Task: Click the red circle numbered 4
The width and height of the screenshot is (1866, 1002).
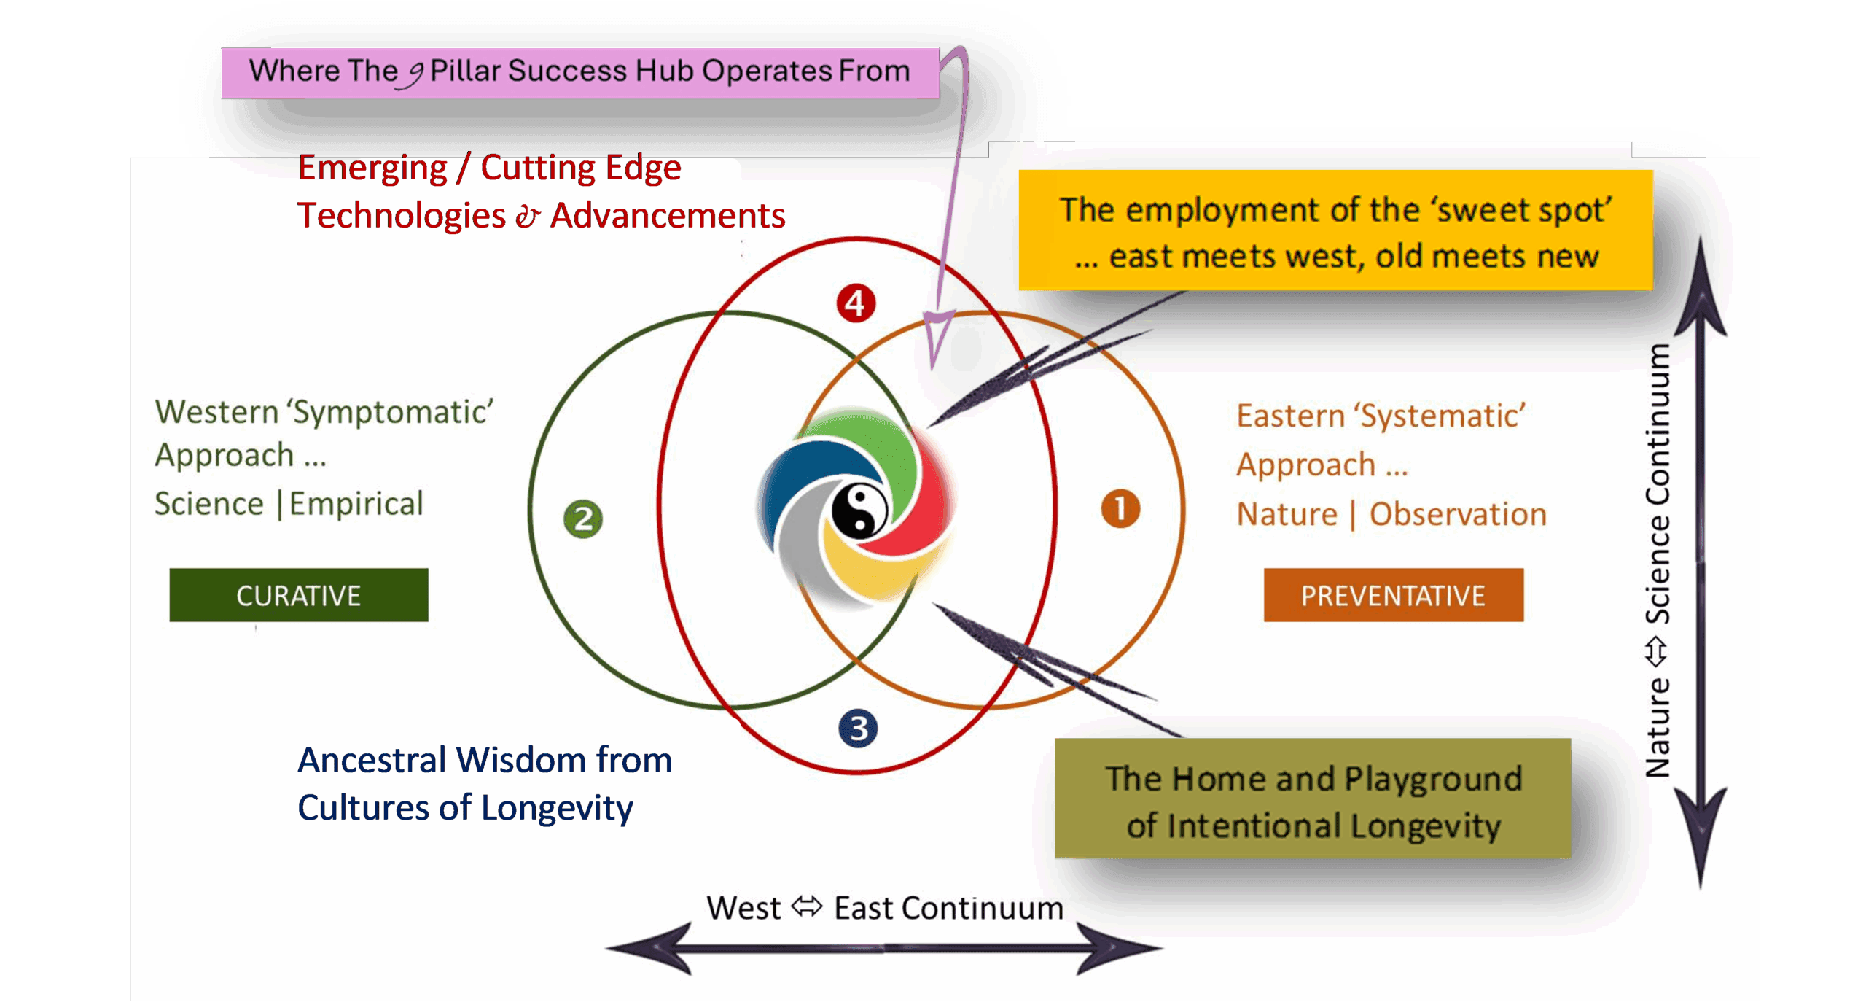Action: click(856, 303)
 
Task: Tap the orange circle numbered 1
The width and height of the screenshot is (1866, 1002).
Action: click(1120, 508)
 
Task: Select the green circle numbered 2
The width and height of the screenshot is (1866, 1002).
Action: click(583, 519)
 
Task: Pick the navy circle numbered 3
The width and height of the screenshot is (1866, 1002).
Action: click(858, 728)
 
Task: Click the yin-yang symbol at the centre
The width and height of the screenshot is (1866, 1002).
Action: click(859, 511)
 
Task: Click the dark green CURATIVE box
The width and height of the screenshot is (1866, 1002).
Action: click(299, 595)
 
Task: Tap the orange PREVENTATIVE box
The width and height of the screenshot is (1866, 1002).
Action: click(1393, 595)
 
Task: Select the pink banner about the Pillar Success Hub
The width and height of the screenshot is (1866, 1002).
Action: click(579, 72)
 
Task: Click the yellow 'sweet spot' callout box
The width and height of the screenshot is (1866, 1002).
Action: click(1335, 230)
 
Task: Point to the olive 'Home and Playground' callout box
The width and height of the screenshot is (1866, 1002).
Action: click(1313, 799)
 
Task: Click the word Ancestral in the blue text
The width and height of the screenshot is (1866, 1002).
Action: click(372, 761)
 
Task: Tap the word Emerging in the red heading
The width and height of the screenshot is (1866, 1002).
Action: click(372, 168)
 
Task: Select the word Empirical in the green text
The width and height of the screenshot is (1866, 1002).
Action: click(356, 504)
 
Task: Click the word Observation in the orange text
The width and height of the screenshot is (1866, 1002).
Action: click(1458, 514)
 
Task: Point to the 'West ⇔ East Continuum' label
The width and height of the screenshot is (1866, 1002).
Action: click(884, 909)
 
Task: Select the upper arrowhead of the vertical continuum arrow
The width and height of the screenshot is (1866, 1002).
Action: click(1701, 292)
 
